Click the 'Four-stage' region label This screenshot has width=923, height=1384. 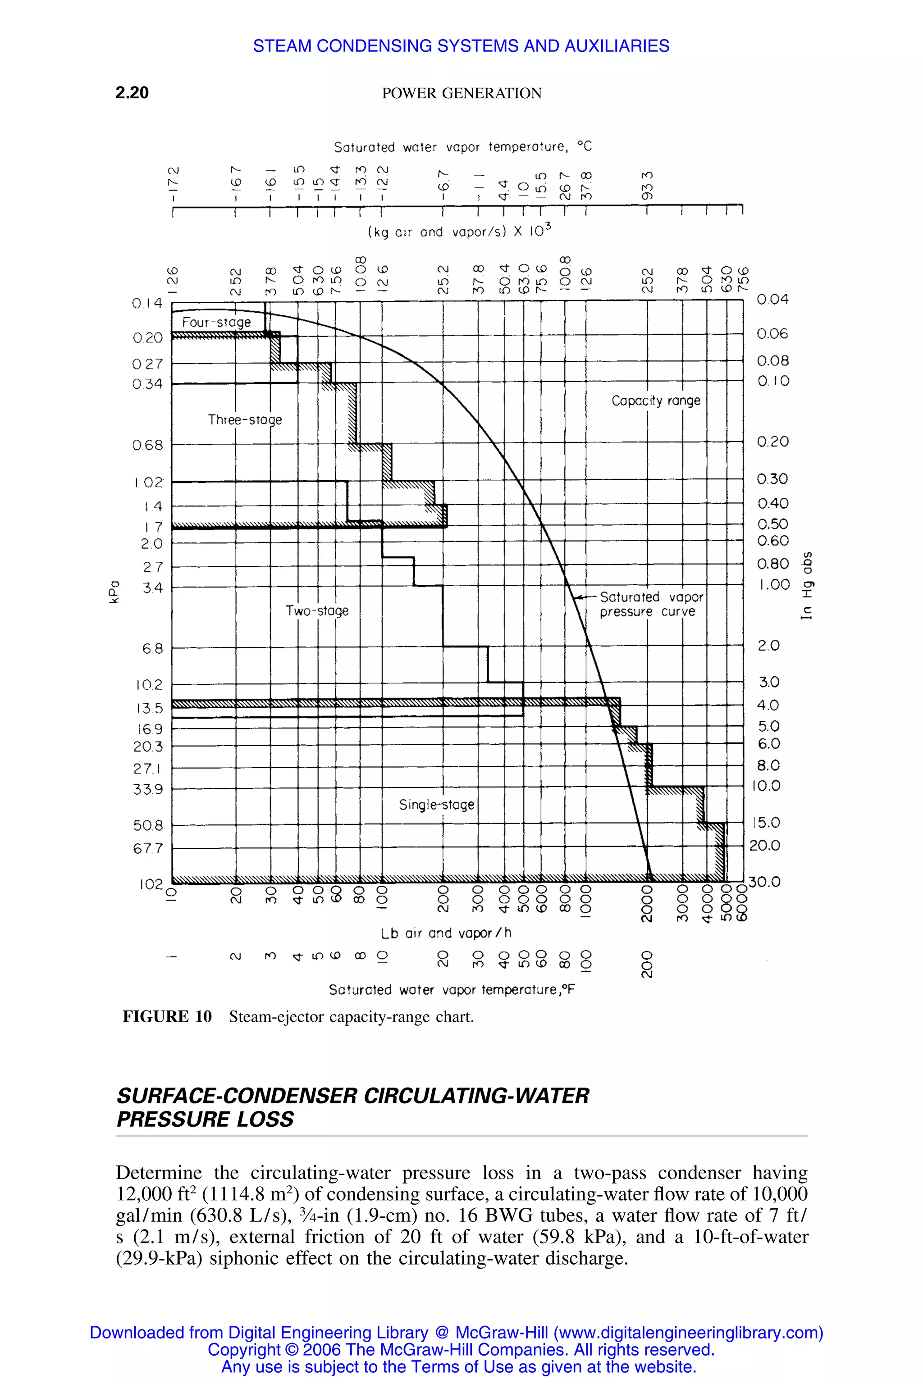point(216,323)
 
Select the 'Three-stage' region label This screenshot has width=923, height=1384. point(245,419)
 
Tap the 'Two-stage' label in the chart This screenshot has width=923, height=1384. point(317,611)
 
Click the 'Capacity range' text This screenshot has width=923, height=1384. point(656,401)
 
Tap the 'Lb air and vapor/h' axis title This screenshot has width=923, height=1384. point(446,933)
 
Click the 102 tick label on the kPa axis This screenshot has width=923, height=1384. point(151,884)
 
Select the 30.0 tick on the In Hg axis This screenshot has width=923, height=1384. point(765,882)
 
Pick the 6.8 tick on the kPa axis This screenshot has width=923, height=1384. point(152,648)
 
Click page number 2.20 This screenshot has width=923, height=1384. point(132,92)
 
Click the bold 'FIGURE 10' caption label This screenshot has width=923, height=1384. point(167,1017)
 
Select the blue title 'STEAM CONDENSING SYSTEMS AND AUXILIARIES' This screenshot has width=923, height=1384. point(461,46)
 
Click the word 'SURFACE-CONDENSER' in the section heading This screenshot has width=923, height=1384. point(237,1096)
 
